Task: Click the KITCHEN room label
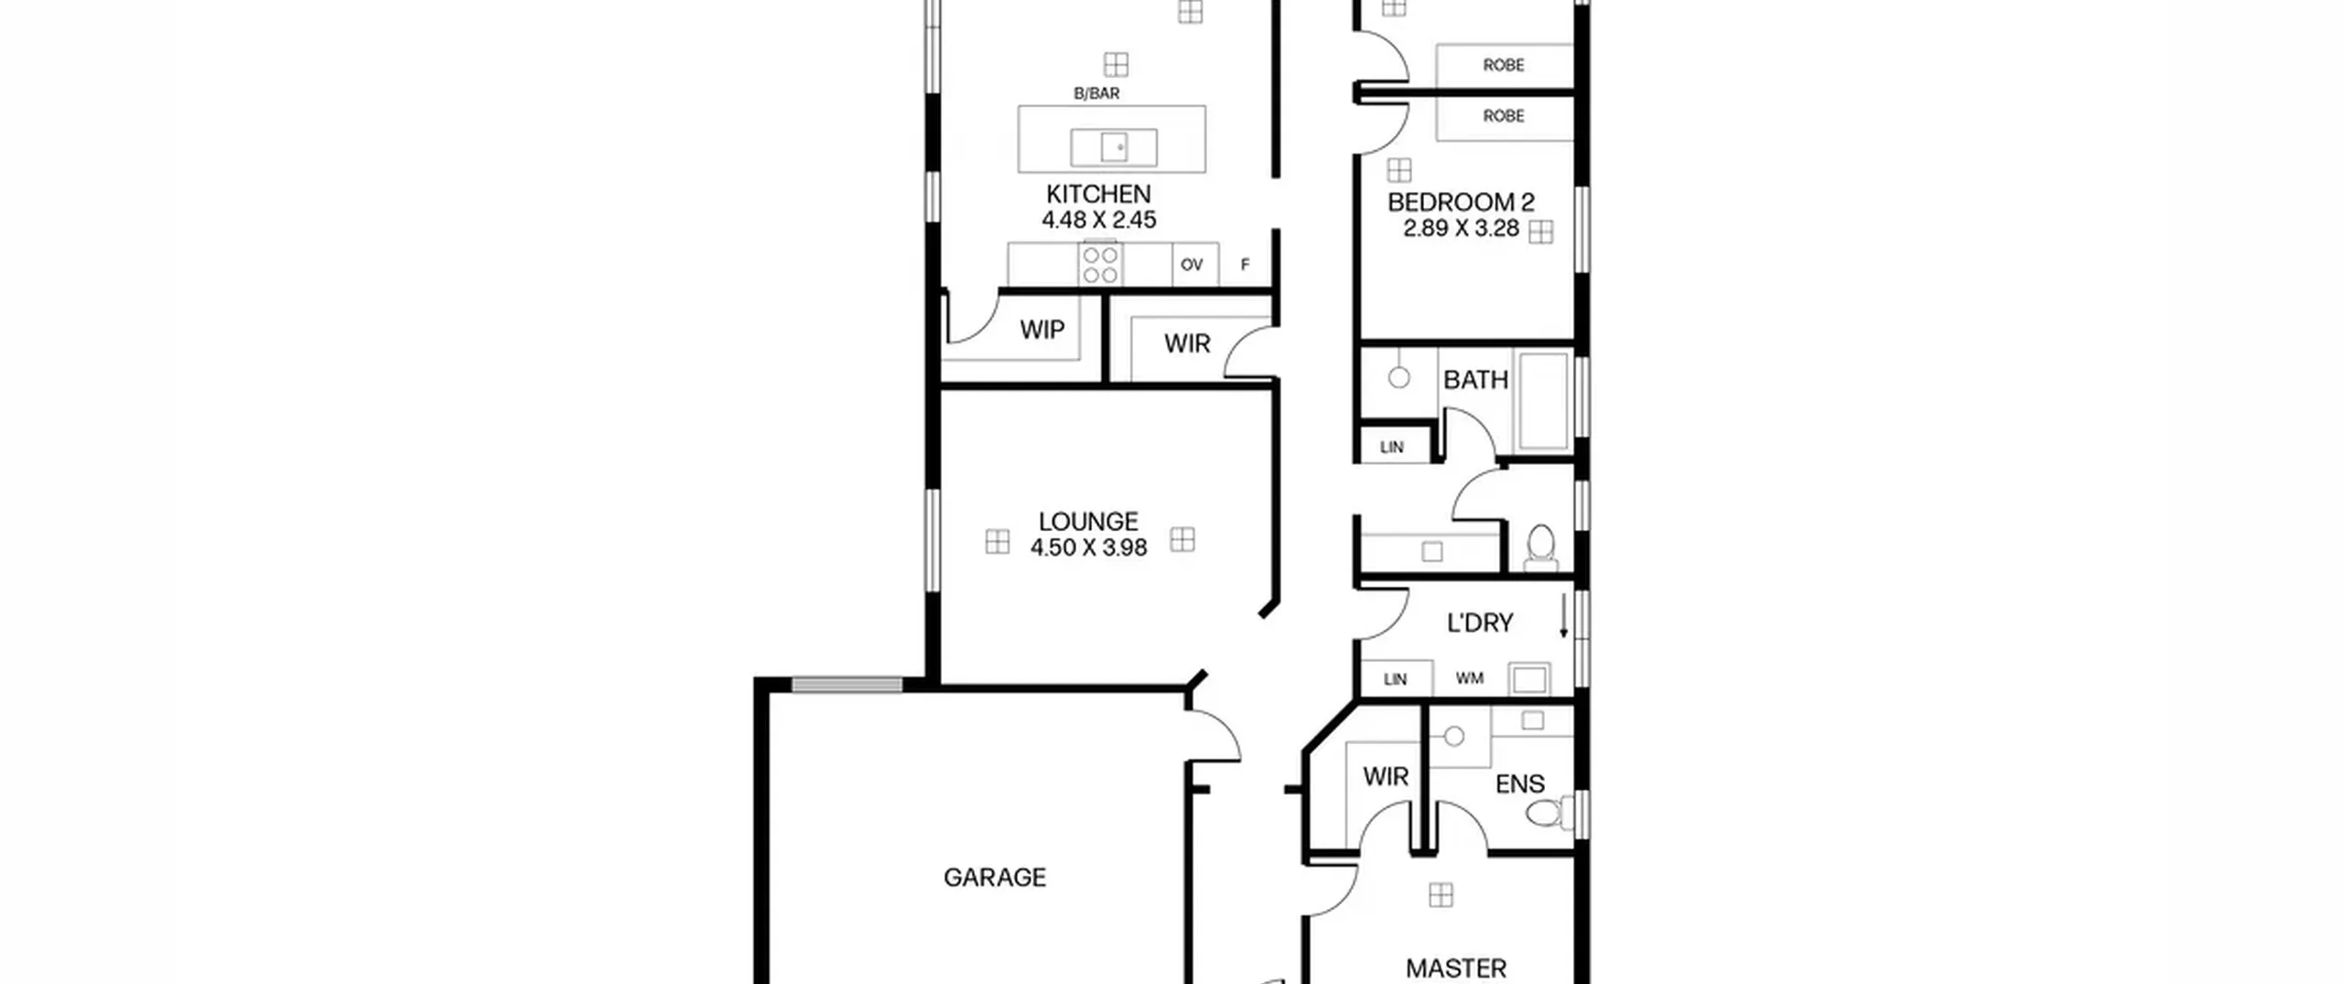click(1098, 194)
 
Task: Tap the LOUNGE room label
click(1088, 522)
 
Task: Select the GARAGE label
click(995, 878)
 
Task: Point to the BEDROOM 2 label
click(1461, 202)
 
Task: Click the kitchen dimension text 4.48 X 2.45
click(1098, 221)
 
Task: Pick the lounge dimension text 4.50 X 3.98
click(1088, 548)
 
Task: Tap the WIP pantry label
click(1042, 330)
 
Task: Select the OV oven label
click(1191, 265)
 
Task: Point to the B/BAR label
click(1096, 93)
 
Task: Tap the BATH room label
click(1475, 380)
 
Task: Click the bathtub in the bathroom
click(1543, 400)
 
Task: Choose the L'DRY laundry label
click(1480, 623)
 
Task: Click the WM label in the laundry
click(1470, 679)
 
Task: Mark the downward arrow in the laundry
click(1564, 616)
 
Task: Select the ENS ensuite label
click(1520, 784)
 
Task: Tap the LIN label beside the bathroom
click(1392, 448)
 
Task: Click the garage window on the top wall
click(847, 685)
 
